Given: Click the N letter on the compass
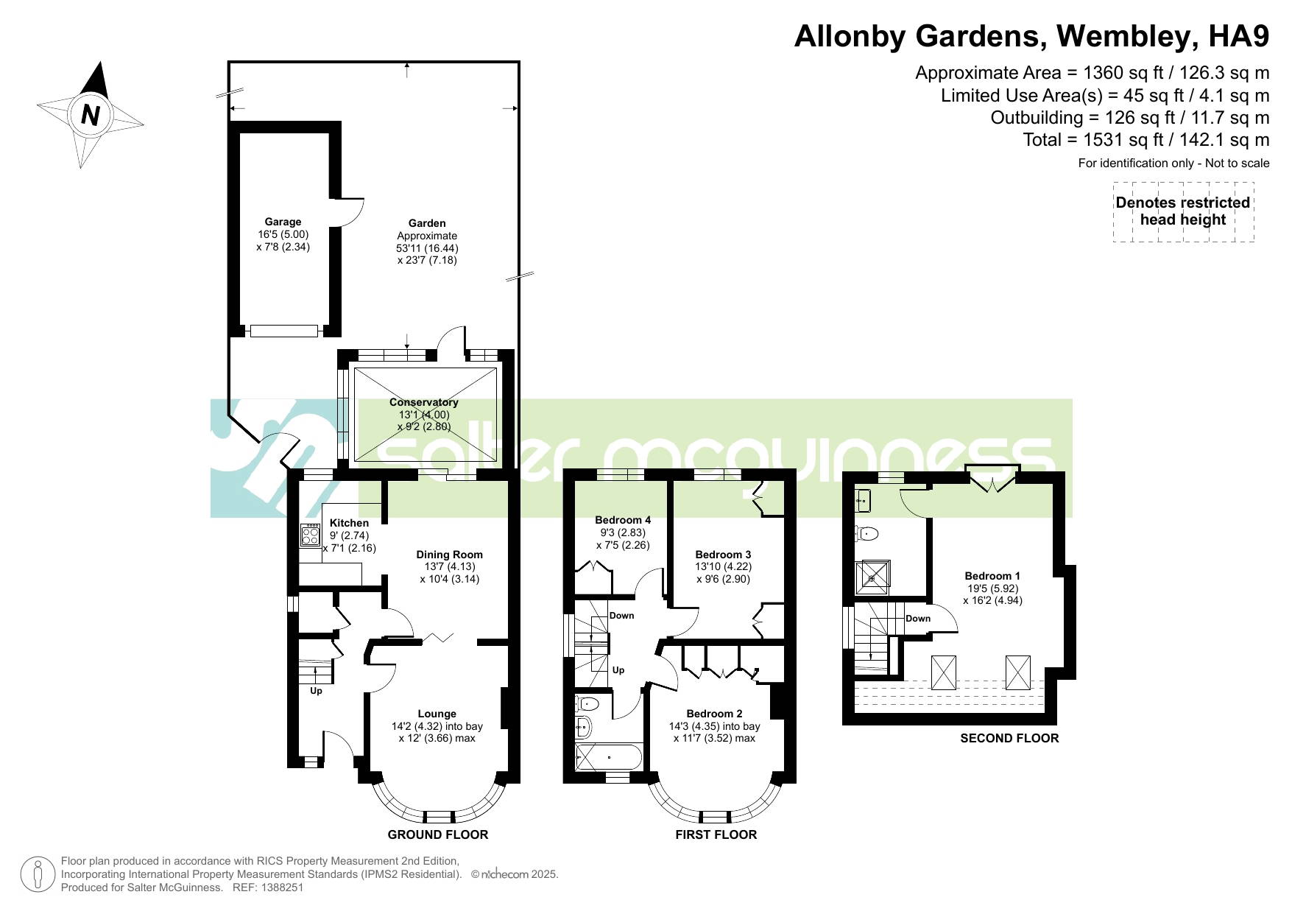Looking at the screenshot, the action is click(91, 115).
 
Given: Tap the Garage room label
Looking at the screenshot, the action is click(283, 222).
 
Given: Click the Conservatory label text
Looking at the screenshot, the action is click(423, 402).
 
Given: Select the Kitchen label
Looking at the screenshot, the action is click(349, 523).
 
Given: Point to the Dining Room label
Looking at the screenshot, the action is click(449, 555).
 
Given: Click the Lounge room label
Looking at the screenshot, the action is click(437, 714).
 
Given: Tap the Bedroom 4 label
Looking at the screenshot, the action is click(623, 520).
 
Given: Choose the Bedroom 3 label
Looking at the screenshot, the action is click(723, 555).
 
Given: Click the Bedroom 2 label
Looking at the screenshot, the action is click(714, 714).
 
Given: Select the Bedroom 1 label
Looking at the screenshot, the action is click(992, 576).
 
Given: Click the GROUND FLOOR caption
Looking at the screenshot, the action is click(438, 834).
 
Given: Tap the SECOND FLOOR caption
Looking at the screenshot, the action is click(1009, 738).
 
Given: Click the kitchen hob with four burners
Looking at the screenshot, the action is click(310, 535).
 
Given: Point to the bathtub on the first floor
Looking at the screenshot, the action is click(608, 757).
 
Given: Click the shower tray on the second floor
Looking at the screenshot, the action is click(872, 577).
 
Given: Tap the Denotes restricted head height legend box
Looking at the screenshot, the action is click(1183, 211).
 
